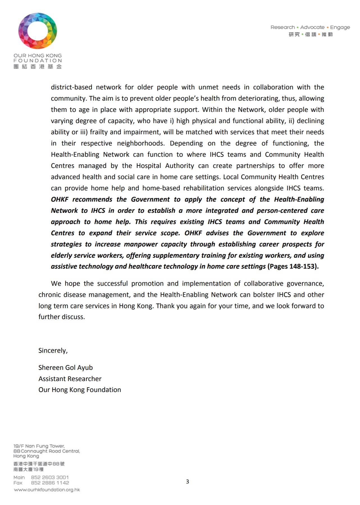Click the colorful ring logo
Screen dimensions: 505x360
[x=38, y=31]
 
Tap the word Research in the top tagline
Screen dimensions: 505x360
[x=283, y=27]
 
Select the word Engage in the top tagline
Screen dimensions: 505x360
[x=340, y=27]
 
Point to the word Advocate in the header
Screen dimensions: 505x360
[x=312, y=27]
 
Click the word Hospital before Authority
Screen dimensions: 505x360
[x=149, y=166]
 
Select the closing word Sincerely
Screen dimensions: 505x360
[x=52, y=350]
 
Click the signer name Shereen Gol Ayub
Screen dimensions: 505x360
[x=65, y=368]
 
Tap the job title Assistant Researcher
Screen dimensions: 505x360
[x=70, y=379]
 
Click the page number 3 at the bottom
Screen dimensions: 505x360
[x=187, y=481]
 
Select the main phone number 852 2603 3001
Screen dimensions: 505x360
[x=50, y=477]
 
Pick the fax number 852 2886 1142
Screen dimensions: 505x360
[x=50, y=483]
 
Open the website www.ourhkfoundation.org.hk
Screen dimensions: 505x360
[x=47, y=490]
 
